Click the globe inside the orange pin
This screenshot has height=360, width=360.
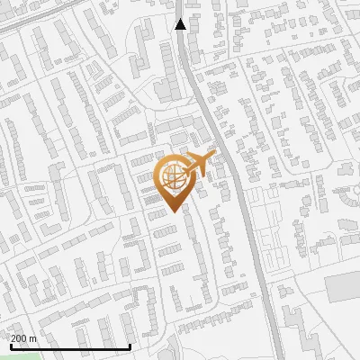[171, 176]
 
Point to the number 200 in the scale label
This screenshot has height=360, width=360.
[20, 338]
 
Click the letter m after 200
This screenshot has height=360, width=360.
[33, 338]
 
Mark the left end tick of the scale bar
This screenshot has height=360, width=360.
[10, 346]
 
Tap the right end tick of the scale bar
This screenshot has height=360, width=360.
[130, 346]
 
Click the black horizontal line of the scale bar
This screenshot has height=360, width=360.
[70, 347]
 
